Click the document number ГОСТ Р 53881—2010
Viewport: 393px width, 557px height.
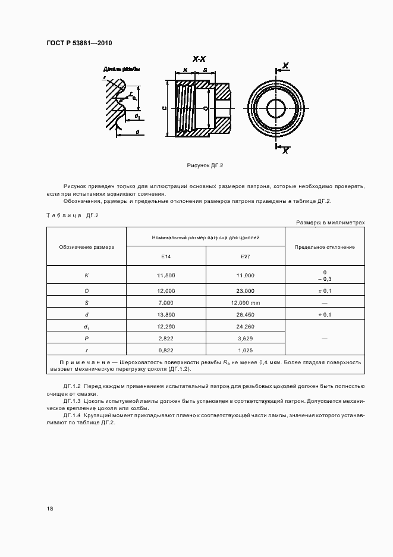tap(79, 43)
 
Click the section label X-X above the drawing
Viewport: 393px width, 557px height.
tap(199, 59)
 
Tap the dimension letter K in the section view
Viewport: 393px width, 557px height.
tap(186, 70)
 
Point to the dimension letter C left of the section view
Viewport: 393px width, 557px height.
tap(163, 108)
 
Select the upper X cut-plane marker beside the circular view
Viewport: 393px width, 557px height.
tap(285, 65)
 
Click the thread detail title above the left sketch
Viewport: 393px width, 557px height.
tap(122, 69)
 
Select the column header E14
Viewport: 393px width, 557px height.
tap(166, 256)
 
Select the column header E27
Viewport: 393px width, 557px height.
tap(245, 256)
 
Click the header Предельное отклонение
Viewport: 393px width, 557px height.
tap(325, 246)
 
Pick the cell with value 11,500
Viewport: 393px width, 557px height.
tap(166, 276)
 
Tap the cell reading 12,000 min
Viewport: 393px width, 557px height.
tap(245, 302)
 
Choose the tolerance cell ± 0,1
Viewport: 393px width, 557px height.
tap(325, 291)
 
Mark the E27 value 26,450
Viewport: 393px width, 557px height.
tap(245, 315)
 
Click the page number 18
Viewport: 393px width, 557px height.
tap(50, 508)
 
